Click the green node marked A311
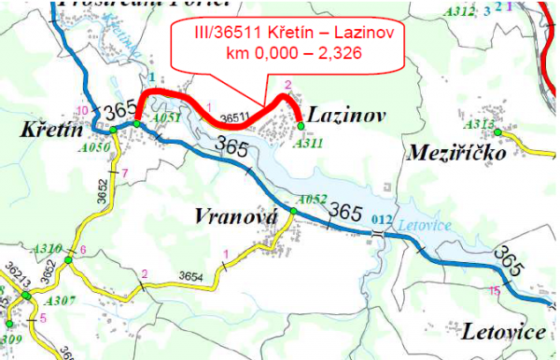(x=300, y=125)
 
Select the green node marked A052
(x=292, y=212)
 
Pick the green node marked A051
(x=136, y=124)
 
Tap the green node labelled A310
(x=68, y=250)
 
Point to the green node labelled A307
(x=27, y=296)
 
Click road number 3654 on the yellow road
(x=190, y=278)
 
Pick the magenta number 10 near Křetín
(x=83, y=111)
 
